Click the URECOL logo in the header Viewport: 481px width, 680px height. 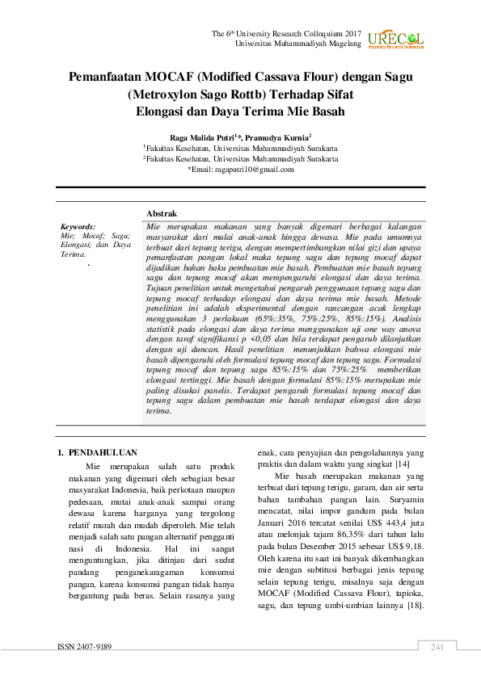395,40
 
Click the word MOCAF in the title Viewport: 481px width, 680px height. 167,78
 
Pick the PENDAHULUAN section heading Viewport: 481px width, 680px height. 103,453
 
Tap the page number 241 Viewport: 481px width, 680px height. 438,647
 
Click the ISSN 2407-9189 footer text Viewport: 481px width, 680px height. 84,647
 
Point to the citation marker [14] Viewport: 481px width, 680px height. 402,464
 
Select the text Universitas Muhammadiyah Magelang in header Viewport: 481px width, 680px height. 297,43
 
